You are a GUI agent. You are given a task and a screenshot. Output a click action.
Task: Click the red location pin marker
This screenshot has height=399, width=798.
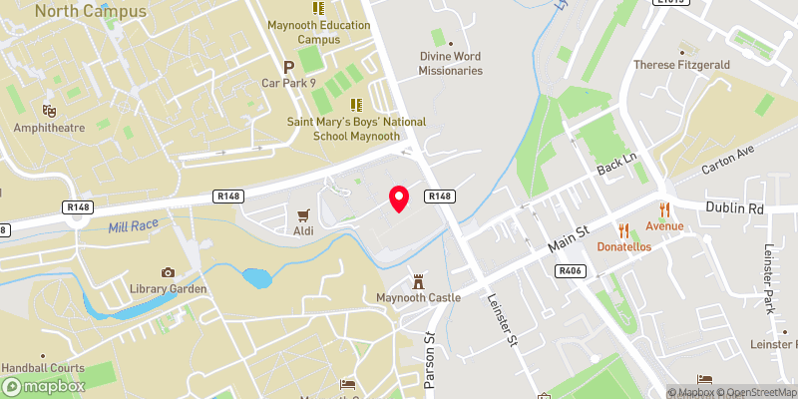pos(399,199)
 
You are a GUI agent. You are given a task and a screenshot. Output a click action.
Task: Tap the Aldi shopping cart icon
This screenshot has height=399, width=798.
pos(302,215)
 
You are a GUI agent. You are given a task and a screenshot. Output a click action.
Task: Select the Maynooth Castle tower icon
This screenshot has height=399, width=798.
pos(419,279)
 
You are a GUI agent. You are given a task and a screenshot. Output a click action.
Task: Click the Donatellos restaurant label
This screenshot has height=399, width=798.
pos(624,246)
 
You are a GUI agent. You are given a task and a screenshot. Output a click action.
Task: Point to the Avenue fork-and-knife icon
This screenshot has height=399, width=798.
pos(663,208)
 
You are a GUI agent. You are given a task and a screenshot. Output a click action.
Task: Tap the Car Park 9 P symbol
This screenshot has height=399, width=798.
pos(289,66)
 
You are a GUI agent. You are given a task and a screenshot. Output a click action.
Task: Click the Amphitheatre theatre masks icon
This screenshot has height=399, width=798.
pos(48,110)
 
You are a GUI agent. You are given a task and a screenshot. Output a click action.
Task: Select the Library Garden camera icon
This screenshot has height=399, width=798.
pos(168,272)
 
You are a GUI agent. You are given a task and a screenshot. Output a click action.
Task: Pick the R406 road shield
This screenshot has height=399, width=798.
pos(571,270)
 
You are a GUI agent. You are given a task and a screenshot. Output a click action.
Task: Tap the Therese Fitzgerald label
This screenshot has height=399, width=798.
pos(683,65)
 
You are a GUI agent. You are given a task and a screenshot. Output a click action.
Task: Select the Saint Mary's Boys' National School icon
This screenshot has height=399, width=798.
pos(354,105)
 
